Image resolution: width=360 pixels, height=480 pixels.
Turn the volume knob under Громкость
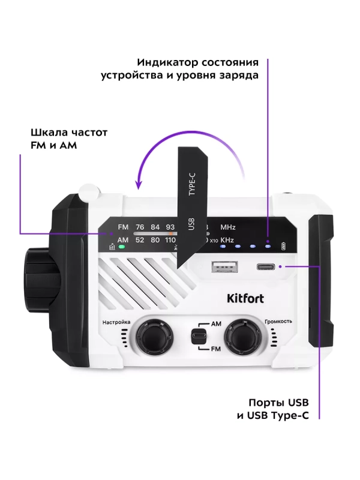point(242,336)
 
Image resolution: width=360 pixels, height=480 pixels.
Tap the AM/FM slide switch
point(196,336)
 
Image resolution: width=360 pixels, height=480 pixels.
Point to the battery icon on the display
point(285,246)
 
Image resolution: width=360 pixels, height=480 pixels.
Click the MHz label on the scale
point(228,227)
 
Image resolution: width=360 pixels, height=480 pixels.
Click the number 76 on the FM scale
point(140,227)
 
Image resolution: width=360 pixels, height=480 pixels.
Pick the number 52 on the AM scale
point(140,240)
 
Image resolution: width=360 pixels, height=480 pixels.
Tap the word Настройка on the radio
point(116,322)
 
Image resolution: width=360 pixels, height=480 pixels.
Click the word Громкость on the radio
point(278,322)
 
